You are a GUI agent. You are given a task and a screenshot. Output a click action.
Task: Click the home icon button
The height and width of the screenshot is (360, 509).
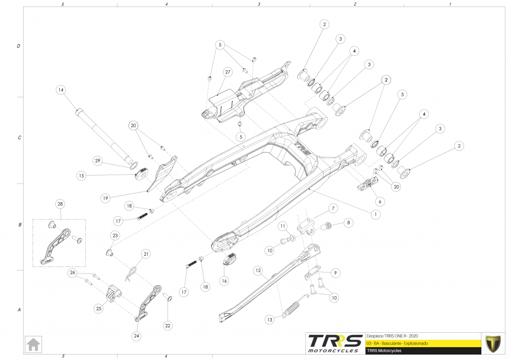pos(34,343)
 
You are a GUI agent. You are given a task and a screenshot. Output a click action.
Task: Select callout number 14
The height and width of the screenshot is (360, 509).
pos(61,90)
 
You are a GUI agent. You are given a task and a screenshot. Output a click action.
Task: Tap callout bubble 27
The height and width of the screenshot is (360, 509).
pos(228,72)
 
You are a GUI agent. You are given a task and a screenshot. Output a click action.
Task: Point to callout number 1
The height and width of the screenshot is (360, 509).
pos(376,215)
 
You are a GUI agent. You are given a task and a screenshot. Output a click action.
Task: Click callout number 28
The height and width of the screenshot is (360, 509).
pos(60,204)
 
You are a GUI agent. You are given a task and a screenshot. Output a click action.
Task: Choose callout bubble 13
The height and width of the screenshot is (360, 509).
pos(269,320)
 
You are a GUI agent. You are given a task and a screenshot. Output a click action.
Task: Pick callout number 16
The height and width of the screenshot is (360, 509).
pos(224,281)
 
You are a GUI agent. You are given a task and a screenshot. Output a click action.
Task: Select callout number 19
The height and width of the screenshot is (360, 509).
pos(105,198)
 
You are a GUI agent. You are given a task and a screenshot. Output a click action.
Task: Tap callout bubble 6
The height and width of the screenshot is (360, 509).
pos(380,201)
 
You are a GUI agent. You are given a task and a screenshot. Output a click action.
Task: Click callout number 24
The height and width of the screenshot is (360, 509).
pos(136,336)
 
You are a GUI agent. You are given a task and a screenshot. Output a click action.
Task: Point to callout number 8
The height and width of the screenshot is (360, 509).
pos(349,223)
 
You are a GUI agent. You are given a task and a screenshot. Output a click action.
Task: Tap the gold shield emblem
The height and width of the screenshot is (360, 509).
pos(493,343)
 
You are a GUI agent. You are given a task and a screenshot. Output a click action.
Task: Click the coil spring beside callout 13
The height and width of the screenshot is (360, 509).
pos(292,308)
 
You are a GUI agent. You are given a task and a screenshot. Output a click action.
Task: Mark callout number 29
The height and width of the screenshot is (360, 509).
pos(98,161)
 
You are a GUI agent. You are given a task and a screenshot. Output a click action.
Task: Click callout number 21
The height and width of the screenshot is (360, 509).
pos(146,254)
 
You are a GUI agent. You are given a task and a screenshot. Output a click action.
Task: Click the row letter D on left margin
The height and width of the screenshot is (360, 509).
pos(19,46)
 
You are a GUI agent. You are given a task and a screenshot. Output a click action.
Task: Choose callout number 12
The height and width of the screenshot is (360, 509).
pos(258,270)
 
